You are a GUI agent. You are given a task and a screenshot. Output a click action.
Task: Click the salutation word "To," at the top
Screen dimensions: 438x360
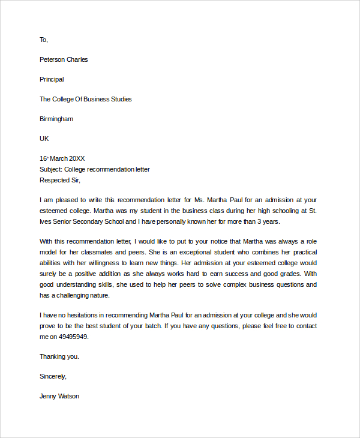tap(43, 40)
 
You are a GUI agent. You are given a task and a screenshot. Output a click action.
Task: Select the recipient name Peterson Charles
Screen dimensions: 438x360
tap(64, 59)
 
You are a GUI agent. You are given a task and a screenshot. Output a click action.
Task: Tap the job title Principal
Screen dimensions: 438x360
tap(52, 79)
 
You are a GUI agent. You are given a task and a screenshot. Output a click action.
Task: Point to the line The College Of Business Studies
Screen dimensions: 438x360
tap(85, 99)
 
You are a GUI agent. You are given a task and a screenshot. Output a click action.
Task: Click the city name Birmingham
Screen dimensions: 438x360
tap(56, 119)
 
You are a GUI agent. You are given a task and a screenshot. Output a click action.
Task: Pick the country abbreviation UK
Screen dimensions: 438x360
tap(44, 139)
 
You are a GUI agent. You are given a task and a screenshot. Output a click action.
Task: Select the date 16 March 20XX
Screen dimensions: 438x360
tap(62, 158)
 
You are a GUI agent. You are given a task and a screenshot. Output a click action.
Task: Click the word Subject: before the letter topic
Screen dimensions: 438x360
tap(51, 169)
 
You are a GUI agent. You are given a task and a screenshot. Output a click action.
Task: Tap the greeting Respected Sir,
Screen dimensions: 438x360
tap(59, 180)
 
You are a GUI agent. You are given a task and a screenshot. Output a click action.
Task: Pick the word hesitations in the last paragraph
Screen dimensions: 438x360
tap(85, 315)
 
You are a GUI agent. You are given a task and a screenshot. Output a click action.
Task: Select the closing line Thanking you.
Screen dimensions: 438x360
tap(59, 356)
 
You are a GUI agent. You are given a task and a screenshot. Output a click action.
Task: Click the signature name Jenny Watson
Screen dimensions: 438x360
tap(59, 396)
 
